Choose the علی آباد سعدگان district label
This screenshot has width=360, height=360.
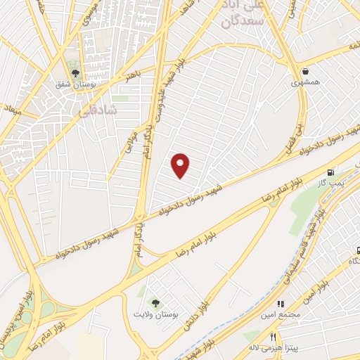(242, 15)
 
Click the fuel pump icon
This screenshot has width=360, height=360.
(329, 172)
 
